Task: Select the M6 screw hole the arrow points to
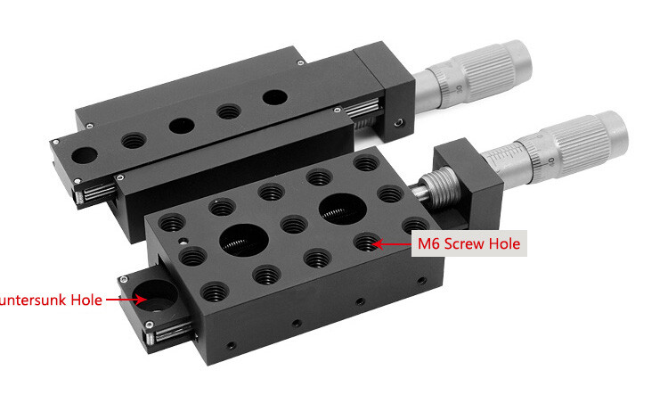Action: click(364, 242)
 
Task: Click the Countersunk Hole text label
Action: click(49, 300)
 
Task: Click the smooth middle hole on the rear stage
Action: click(181, 126)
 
